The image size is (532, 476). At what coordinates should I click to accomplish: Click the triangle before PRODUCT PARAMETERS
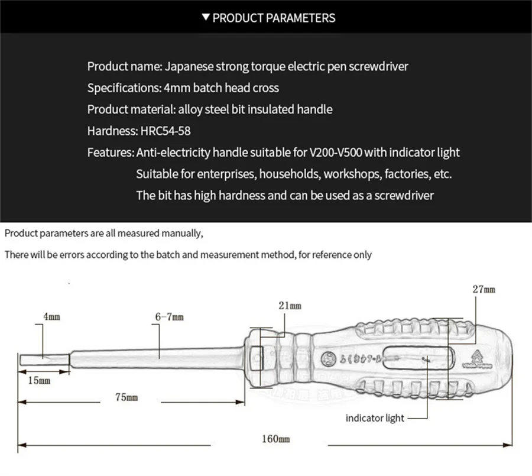click(205, 18)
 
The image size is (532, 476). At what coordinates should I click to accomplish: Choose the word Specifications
click(121, 88)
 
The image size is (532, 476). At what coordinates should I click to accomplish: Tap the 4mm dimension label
click(51, 317)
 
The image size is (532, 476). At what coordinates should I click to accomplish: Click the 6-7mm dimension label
click(169, 317)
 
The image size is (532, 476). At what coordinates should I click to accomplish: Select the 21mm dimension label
click(290, 305)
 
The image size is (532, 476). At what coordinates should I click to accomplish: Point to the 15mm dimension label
click(39, 380)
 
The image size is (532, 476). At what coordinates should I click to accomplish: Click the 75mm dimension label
click(126, 397)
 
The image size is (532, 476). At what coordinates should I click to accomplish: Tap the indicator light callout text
click(375, 418)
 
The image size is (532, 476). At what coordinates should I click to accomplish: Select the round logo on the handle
click(325, 358)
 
